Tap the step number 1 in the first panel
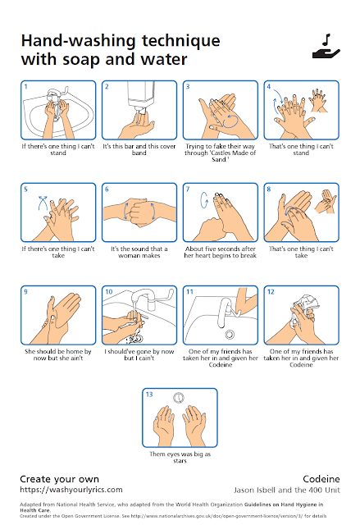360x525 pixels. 25,86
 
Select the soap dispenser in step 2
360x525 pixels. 140,96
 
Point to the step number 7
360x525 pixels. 188,189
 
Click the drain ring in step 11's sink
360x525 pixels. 230,334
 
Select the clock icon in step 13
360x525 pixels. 179,397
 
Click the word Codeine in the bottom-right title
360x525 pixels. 321,479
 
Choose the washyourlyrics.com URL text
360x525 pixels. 71,490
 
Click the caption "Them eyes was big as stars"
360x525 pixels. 180,458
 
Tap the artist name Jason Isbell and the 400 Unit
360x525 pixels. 287,491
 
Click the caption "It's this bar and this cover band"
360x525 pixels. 139,149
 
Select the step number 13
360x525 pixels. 149,395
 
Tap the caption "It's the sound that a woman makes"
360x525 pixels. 139,252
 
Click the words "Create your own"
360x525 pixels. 60,479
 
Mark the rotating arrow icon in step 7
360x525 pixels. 204,200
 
